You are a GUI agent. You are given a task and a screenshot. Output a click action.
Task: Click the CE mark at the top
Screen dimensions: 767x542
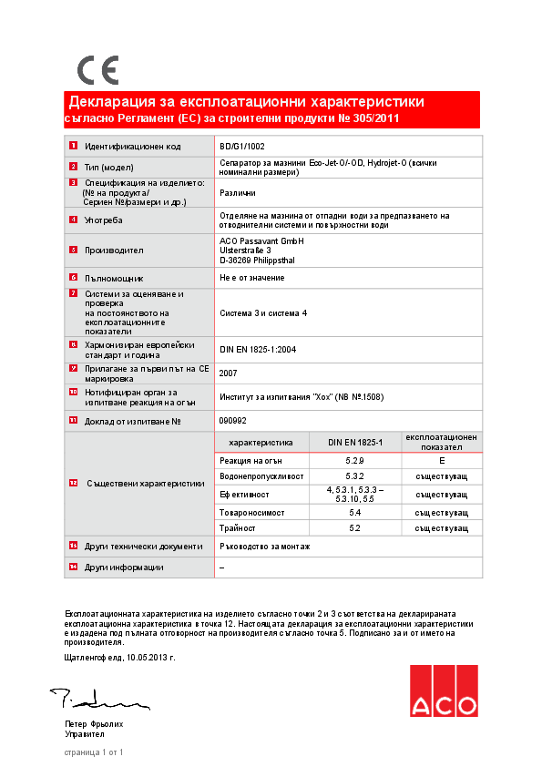tap(97, 69)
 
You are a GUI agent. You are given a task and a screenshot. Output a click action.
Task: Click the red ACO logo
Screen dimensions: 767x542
tap(443, 690)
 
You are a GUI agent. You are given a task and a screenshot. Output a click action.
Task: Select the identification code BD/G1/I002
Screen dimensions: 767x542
tap(242, 146)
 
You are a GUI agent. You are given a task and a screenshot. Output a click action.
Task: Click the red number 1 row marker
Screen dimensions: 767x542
tap(73, 146)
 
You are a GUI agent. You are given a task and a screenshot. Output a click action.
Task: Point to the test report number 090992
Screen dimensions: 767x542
tap(233, 420)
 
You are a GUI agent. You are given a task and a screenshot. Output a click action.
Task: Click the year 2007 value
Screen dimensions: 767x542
tap(230, 373)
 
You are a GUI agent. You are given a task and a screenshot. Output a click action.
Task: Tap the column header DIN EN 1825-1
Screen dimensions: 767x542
tap(355, 442)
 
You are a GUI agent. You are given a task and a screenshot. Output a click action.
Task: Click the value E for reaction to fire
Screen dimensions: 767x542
tap(441, 462)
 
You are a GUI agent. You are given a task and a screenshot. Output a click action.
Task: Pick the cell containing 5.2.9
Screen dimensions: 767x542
tap(355, 462)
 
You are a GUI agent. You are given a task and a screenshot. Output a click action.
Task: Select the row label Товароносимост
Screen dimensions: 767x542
tap(245, 513)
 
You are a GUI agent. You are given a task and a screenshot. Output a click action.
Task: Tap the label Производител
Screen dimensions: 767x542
tap(114, 250)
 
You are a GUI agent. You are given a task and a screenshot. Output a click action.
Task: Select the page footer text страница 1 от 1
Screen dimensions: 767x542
tap(93, 752)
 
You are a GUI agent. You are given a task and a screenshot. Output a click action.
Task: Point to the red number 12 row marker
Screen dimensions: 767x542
tap(73, 483)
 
